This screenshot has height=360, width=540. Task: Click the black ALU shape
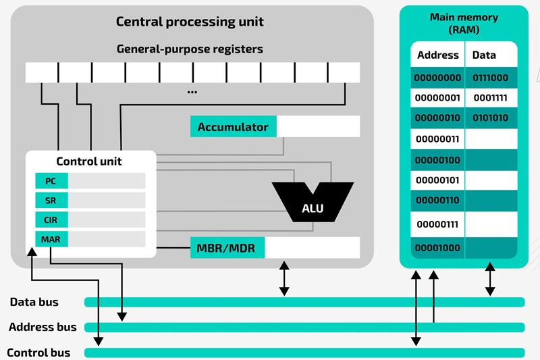[x=312, y=203]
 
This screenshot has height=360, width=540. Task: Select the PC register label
[x=51, y=181]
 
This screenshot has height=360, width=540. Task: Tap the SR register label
[x=51, y=201]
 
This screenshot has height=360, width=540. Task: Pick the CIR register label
[x=51, y=220]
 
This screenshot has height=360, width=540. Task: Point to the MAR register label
[x=51, y=239]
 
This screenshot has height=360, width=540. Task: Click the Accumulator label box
[x=233, y=127]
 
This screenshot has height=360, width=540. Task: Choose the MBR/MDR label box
[x=227, y=248]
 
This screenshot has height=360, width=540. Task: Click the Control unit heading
[x=89, y=161]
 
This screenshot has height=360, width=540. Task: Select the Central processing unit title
[x=190, y=22]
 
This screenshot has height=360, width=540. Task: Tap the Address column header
[x=437, y=55]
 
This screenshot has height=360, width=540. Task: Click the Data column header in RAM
[x=484, y=55]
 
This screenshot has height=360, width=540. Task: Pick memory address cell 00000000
[x=437, y=78]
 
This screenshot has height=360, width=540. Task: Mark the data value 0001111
[x=491, y=98]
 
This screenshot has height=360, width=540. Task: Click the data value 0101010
[x=491, y=118]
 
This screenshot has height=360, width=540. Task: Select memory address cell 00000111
[x=437, y=224]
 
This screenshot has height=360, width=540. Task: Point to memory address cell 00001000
[x=437, y=247]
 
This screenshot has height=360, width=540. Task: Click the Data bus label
[x=34, y=302]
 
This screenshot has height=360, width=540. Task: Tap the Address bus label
[x=43, y=328]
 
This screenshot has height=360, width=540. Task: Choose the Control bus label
[x=38, y=353]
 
